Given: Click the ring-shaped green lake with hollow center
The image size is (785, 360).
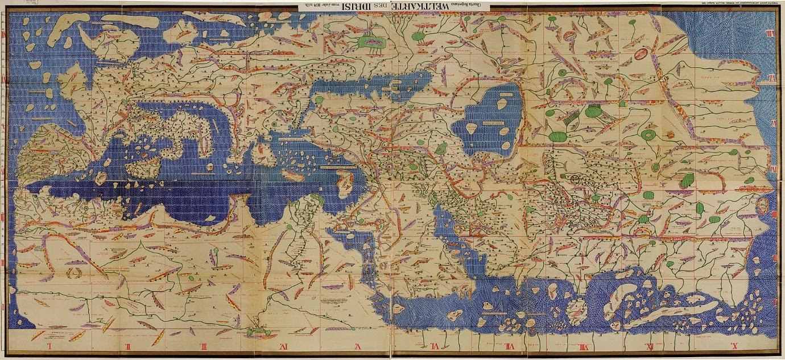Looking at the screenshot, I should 648,135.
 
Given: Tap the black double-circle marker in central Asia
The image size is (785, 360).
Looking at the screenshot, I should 577,180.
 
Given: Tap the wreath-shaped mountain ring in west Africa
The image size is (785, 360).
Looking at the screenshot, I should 73,272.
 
